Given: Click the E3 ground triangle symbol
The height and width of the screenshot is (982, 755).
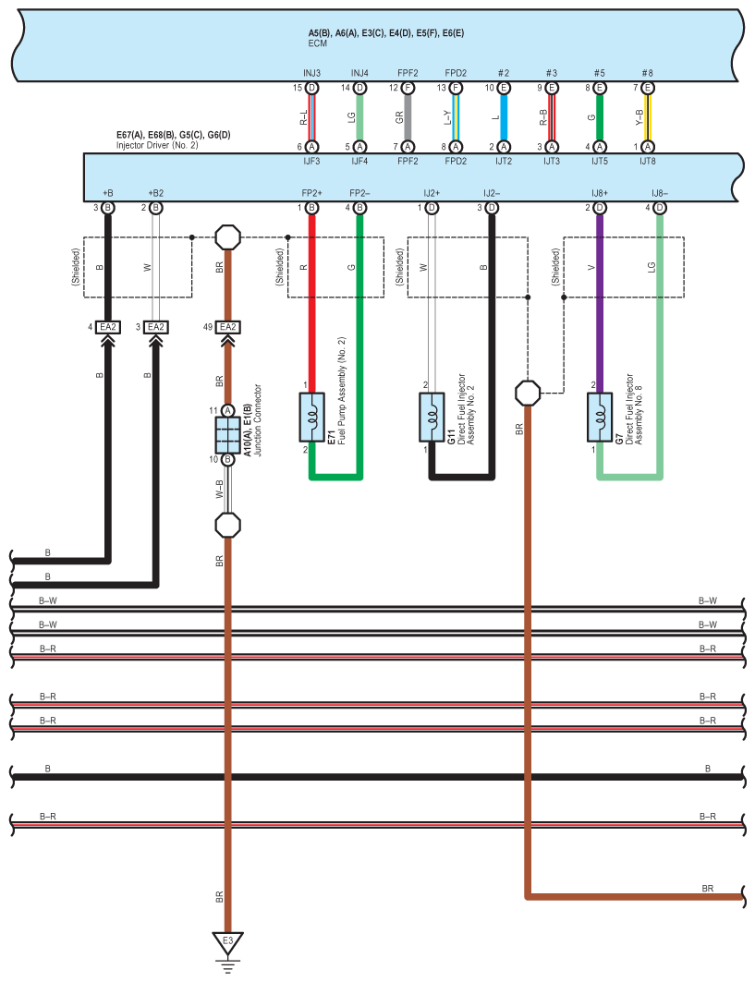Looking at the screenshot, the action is point(227,942).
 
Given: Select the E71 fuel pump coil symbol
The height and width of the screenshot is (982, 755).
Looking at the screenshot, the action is point(312,418).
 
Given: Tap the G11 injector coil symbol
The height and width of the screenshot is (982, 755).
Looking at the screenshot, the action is point(432,418).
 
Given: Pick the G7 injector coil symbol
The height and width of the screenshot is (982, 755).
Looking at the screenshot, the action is point(600,418).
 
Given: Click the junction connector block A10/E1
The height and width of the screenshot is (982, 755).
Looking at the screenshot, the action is point(227,435).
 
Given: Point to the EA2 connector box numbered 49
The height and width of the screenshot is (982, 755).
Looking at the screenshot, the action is point(228,327).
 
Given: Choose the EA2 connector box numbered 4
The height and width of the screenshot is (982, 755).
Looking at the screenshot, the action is point(108,327).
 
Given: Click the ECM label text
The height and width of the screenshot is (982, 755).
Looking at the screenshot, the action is point(318,43).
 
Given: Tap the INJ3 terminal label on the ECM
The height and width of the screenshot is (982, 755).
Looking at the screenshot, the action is point(312,73).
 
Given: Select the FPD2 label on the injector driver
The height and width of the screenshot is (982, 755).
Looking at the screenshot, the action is point(456,161).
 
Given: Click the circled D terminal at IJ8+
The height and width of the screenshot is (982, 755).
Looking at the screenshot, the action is point(600,208).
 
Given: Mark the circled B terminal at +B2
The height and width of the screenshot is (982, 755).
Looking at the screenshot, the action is point(156,208).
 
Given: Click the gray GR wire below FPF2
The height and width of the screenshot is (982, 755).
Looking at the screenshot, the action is point(408,117).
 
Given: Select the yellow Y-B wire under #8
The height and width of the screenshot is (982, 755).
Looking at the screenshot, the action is point(648,117).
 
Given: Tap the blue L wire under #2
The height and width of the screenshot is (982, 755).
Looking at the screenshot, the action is point(504,117).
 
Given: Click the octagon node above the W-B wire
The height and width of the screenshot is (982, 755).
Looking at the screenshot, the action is point(227,237).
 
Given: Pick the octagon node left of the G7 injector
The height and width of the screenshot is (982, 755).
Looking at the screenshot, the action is point(528,394).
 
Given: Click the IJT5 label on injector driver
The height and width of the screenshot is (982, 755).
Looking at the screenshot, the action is point(600,161).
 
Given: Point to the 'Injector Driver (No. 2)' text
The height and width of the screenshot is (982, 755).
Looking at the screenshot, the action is point(157,145).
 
